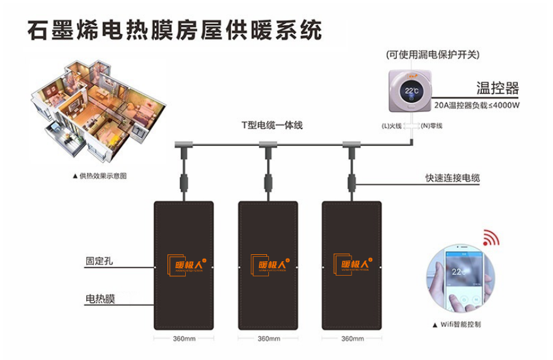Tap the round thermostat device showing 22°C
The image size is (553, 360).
[x=411, y=90]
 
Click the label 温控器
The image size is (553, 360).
[x=497, y=87]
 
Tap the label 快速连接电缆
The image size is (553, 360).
[x=452, y=178]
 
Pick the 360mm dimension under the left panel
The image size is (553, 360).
[x=184, y=339]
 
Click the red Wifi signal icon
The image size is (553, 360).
[x=491, y=238]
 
